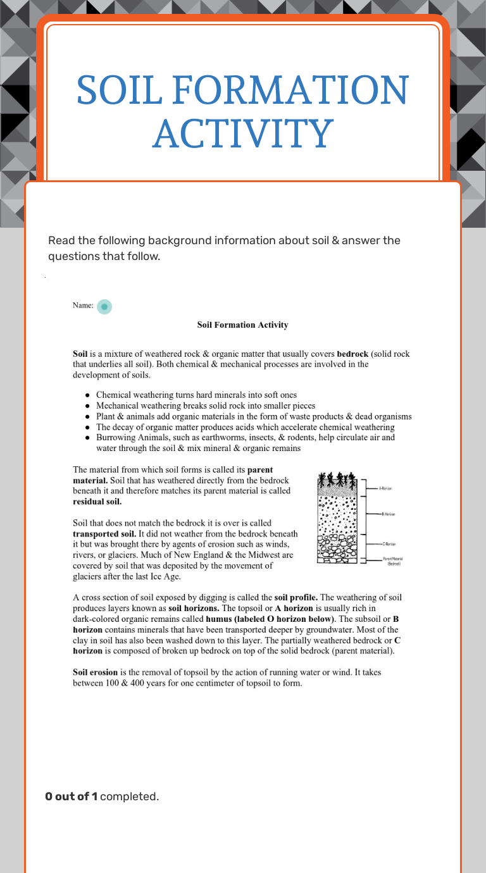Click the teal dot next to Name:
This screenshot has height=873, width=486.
pyautogui.click(x=104, y=306)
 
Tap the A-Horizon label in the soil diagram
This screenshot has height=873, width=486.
pyautogui.click(x=386, y=488)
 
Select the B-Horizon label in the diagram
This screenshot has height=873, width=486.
pyautogui.click(x=388, y=514)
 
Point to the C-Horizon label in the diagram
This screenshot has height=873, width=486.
pyautogui.click(x=389, y=544)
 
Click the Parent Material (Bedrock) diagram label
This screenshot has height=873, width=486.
pyautogui.click(x=393, y=560)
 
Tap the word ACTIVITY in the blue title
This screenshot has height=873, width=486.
pyautogui.click(x=243, y=133)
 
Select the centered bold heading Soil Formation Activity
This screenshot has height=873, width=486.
pyautogui.click(x=242, y=325)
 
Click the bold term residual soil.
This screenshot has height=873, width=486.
pyautogui.click(x=97, y=502)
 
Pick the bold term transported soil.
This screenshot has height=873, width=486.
pyautogui.click(x=100, y=533)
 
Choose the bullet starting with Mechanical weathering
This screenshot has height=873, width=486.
pyautogui.click(x=206, y=406)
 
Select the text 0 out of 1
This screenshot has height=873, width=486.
pyautogui.click(x=71, y=796)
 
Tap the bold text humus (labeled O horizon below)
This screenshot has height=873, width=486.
pyautogui.click(x=271, y=619)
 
